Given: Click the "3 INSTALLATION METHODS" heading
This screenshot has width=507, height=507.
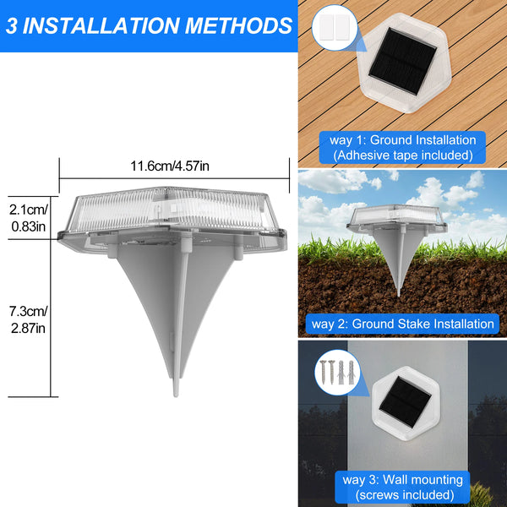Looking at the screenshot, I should (148, 25).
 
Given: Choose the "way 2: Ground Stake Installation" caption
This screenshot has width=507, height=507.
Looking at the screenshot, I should (402, 324).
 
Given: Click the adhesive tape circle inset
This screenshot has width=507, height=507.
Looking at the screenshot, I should (329, 29).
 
